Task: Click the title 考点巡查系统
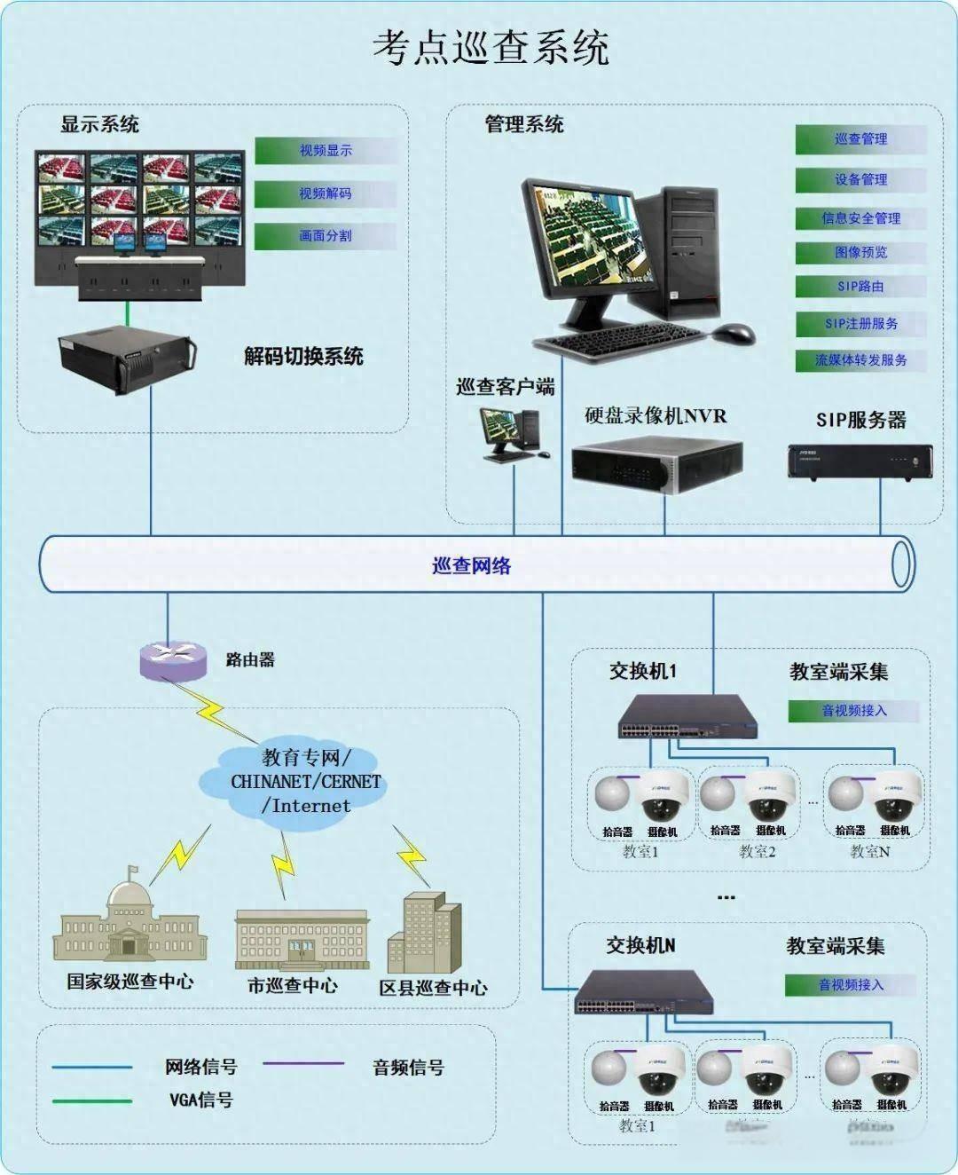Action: (490, 47)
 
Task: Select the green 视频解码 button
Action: (325, 193)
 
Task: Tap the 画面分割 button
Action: (325, 236)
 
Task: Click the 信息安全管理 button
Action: (860, 218)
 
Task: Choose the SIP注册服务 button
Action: (860, 324)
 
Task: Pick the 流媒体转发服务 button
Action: (860, 360)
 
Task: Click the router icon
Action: (172, 658)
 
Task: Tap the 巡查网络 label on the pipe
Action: (472, 565)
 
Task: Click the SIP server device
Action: (860, 461)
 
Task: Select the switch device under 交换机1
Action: (688, 718)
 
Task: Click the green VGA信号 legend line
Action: (92, 1101)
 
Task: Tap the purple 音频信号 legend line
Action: (304, 1063)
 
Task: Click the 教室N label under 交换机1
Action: (870, 851)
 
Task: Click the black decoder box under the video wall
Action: (126, 359)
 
